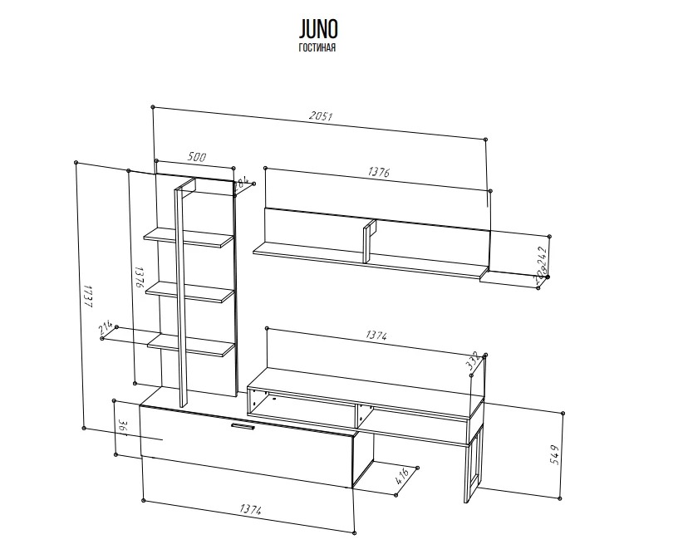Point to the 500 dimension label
pos(197,156)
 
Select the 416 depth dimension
pos(401,478)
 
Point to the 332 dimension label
pos(474,363)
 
